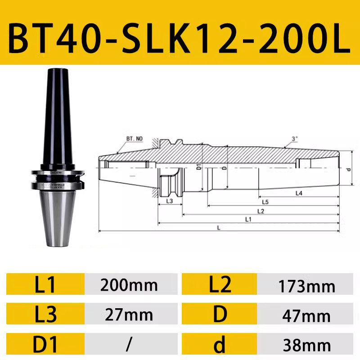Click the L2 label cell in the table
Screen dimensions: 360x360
220,285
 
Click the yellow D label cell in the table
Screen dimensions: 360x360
220,314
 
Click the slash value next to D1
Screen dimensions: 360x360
129,344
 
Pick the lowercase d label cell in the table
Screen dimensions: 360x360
220,344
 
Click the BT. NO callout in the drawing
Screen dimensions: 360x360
134,139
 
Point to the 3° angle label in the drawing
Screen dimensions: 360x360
295,139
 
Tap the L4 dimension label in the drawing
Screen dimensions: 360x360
299,193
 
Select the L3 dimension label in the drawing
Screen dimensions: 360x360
170,201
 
